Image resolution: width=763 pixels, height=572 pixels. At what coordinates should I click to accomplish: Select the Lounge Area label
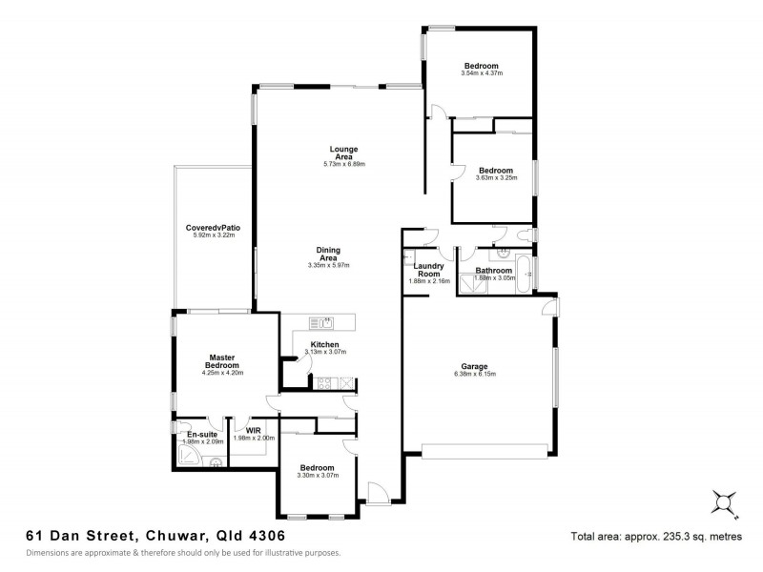343,153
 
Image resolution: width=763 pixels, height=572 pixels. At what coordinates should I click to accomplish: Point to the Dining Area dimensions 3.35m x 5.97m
329,265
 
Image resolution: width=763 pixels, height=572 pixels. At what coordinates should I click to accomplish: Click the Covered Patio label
213,228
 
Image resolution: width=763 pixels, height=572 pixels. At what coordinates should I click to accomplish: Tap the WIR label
253,430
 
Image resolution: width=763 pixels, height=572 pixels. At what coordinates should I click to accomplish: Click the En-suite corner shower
189,460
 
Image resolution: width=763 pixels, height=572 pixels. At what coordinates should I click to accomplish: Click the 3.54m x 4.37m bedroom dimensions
481,73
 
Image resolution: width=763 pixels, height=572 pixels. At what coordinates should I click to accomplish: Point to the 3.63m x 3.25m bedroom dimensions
496,178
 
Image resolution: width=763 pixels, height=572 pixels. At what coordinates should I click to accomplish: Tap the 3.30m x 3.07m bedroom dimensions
317,476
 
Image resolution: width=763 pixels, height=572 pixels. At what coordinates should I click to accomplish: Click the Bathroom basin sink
502,255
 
